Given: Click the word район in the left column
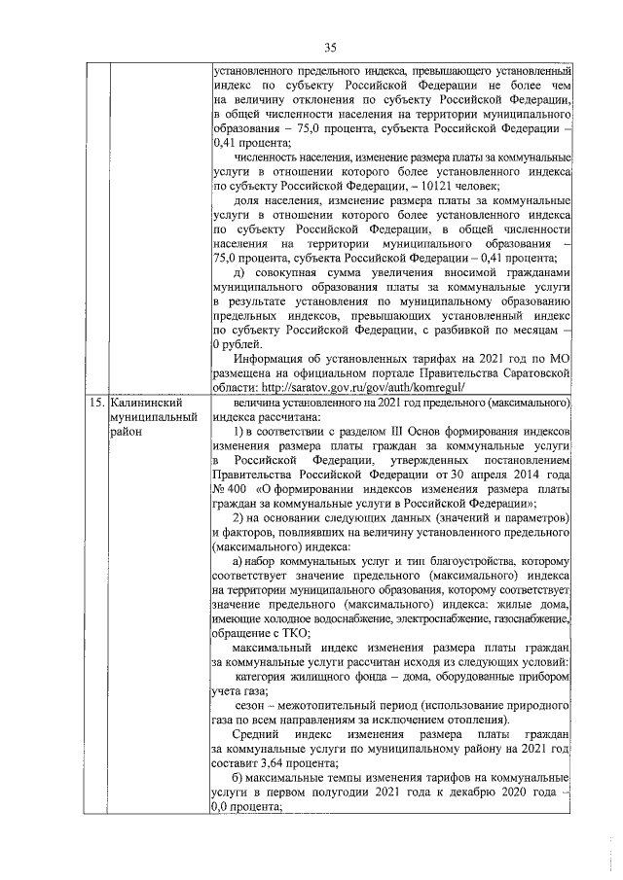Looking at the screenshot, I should (126, 431).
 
